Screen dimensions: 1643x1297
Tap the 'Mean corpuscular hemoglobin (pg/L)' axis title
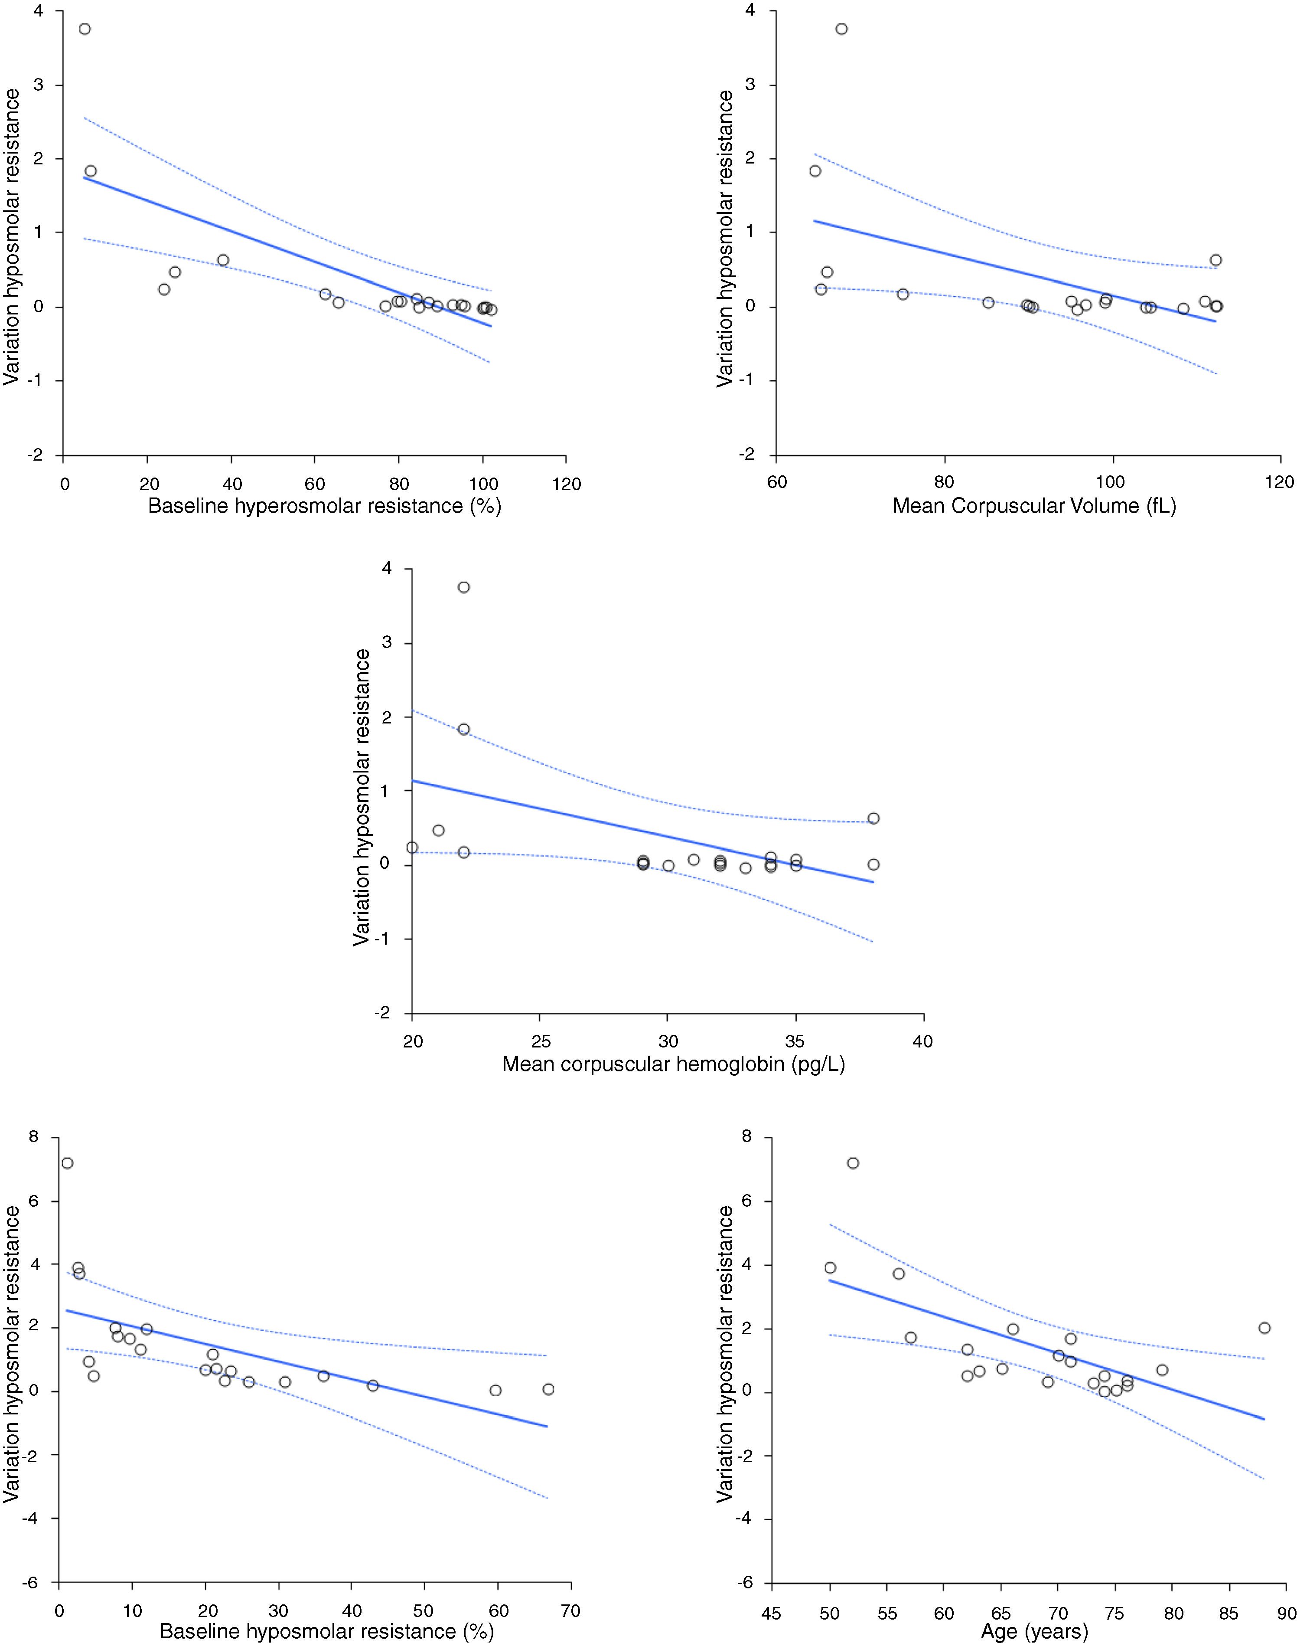click(x=674, y=1064)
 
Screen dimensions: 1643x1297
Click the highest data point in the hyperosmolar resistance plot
click(x=85, y=29)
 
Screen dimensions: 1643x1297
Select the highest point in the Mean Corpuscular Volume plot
click(x=841, y=29)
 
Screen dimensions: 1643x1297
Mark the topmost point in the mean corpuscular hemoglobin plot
click(x=464, y=587)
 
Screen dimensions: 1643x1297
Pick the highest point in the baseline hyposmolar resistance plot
click(x=68, y=1163)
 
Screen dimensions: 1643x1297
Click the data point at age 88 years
click(x=1264, y=1328)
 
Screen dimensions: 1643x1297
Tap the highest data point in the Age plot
click(x=853, y=1163)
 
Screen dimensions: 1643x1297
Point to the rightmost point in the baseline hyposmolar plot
click(x=548, y=1389)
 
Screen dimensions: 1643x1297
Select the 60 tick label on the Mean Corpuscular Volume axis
click(x=776, y=484)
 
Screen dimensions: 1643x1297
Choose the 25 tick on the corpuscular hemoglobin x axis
click(x=540, y=1041)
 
